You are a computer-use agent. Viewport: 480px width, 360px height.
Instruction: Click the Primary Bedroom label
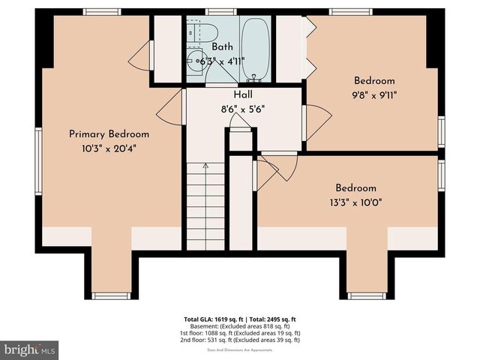[x=109, y=134]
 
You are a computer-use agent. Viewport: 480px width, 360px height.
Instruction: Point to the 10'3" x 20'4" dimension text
[x=109, y=148]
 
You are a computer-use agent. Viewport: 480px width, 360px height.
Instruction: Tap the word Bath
[x=222, y=47]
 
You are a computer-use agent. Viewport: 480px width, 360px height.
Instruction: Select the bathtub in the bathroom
[x=256, y=48]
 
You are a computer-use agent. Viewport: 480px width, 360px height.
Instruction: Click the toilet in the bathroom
[x=202, y=31]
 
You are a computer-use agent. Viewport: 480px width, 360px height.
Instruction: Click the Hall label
[x=243, y=95]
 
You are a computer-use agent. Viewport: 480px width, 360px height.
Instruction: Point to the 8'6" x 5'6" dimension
[x=243, y=108]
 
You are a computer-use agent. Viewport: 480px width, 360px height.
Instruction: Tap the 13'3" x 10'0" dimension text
[x=355, y=202]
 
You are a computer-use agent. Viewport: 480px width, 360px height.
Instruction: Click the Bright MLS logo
[x=29, y=350]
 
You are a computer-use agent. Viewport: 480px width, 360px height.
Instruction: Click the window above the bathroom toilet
[x=218, y=11]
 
